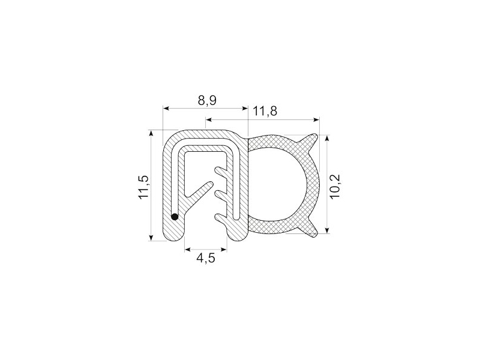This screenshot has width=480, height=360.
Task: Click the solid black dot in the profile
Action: pos(175,216)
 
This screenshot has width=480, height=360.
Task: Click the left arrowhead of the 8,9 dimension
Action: pos(166,109)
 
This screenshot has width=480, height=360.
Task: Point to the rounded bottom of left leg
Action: pos(174,236)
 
